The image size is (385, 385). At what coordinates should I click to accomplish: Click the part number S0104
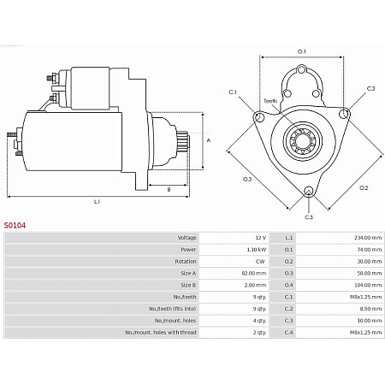coord(15,225)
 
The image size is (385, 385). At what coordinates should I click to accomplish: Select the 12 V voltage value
coord(259,237)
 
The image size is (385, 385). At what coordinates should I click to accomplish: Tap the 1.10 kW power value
coord(256,249)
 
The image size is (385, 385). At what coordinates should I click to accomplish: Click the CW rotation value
coord(260,261)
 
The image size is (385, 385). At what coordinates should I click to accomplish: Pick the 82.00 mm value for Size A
coord(255,273)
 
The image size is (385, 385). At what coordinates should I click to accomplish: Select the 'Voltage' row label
coord(187,237)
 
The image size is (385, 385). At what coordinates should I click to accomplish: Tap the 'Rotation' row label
coord(186,261)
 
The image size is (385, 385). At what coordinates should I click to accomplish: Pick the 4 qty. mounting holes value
coord(258,320)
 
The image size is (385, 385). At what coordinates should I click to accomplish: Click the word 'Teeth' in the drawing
coord(269,101)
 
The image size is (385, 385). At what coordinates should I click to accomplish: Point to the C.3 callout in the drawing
coord(308,217)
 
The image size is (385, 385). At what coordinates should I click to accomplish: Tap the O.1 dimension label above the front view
coord(302,51)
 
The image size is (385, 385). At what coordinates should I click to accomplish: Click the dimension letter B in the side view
coord(169,189)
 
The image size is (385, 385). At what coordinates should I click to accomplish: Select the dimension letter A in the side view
coord(208,139)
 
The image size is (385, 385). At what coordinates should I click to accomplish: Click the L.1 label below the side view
coord(97,201)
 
